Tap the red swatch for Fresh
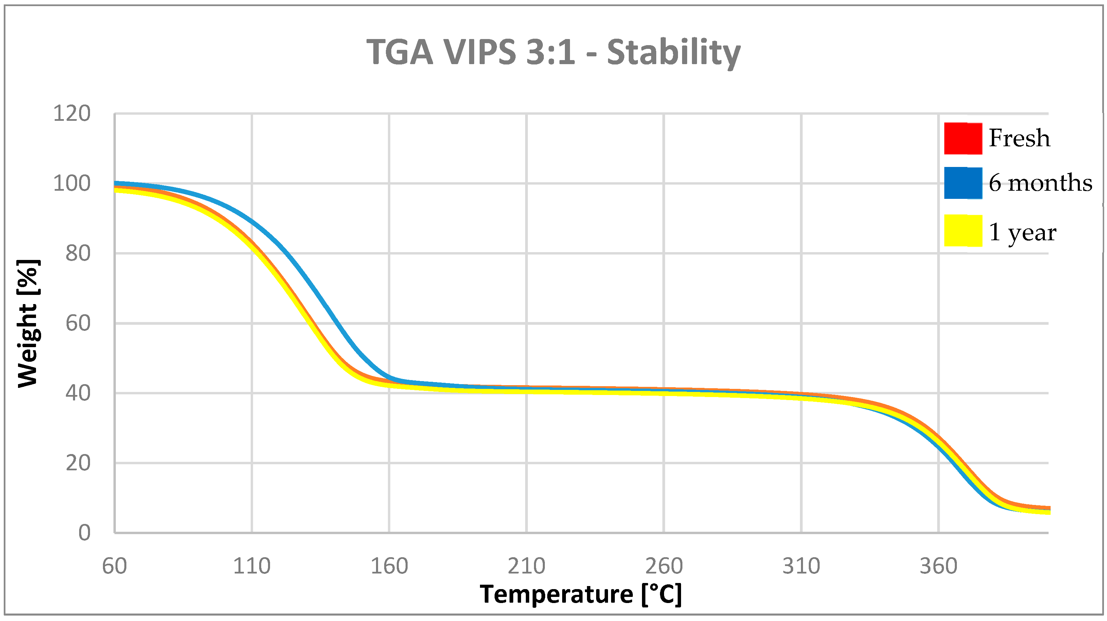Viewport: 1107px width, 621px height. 963,138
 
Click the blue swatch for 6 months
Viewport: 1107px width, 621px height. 963,183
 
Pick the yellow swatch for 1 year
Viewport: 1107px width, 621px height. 963,231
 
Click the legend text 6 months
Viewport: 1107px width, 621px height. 1040,183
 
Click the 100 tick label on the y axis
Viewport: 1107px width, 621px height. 72,184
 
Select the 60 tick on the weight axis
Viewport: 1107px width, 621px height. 78,323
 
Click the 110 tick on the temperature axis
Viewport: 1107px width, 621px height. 252,566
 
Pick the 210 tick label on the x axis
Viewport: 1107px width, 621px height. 526,566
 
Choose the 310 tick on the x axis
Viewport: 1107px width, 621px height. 801,566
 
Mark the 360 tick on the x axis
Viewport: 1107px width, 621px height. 939,566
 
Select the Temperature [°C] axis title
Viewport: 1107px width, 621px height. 581,595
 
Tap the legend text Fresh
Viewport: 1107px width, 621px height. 1019,138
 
